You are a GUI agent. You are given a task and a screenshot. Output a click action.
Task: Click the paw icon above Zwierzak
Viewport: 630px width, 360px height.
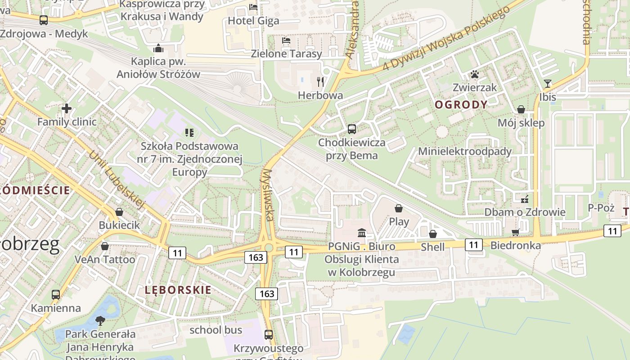(475, 74)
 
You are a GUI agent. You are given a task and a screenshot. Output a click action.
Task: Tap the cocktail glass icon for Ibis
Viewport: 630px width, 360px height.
(547, 84)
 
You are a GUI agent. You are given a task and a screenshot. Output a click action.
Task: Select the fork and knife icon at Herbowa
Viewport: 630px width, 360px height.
(320, 81)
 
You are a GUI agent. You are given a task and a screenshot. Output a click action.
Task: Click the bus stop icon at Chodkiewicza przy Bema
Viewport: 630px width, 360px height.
(352, 129)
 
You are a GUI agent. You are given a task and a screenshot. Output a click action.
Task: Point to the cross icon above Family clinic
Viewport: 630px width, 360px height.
(67, 108)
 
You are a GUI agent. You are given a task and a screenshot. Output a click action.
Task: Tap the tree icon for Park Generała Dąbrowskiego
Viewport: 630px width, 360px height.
(100, 320)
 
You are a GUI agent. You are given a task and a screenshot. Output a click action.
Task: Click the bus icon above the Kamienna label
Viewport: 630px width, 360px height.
(56, 295)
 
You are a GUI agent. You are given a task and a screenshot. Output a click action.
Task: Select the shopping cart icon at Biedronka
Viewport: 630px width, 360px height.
(515, 232)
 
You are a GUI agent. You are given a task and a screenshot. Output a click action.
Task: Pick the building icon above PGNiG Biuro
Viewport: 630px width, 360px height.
(361, 233)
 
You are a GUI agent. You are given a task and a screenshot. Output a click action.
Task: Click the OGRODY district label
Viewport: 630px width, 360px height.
(461, 105)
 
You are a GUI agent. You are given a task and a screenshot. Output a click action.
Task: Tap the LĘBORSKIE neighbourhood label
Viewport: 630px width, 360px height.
(178, 290)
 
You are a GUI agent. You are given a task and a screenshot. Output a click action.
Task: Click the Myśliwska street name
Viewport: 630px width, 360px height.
(269, 195)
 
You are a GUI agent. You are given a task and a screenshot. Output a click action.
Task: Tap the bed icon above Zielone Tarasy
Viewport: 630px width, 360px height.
(286, 40)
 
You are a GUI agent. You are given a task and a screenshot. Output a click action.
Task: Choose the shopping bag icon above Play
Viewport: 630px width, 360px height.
(398, 208)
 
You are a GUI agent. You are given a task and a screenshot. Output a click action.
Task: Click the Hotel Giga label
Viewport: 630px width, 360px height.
(253, 21)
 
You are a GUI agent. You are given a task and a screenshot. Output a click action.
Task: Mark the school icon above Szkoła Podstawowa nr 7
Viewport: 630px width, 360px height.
(189, 132)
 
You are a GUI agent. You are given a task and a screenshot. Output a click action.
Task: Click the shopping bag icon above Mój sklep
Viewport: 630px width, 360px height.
(521, 109)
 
